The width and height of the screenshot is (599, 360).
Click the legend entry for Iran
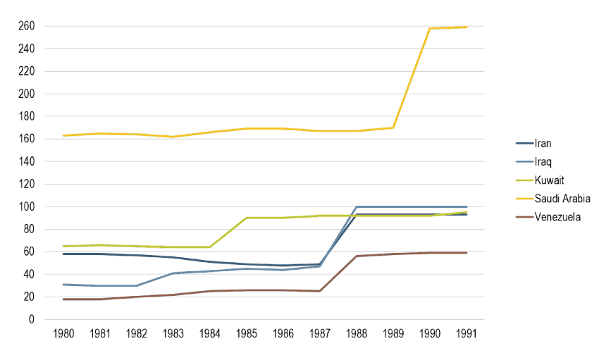pyautogui.click(x=543, y=144)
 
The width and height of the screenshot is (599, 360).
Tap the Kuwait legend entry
pyautogui.click(x=548, y=180)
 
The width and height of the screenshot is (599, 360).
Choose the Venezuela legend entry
pyautogui.click(x=556, y=217)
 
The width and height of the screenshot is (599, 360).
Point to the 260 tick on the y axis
pyautogui.click(x=26, y=26)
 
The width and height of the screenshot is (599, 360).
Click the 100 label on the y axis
pyautogui.click(x=26, y=206)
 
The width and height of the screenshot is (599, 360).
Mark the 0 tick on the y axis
pyautogui.click(x=32, y=319)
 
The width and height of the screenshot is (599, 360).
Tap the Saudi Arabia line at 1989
pyautogui.click(x=393, y=128)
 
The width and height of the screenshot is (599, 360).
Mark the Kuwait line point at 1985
pyautogui.click(x=247, y=218)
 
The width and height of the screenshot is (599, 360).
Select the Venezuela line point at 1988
pyautogui.click(x=357, y=256)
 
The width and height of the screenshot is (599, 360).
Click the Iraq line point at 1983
pyautogui.click(x=173, y=273)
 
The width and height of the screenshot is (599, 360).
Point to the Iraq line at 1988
pyautogui.click(x=357, y=206)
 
